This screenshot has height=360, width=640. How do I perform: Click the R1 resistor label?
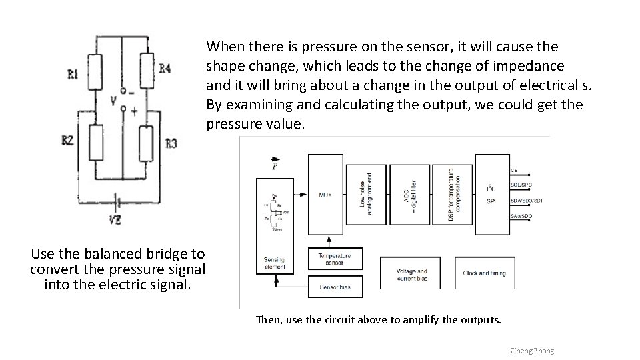point(72,75)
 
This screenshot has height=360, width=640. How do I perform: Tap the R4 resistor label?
point(165,68)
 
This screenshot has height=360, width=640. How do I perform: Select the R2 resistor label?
point(67,140)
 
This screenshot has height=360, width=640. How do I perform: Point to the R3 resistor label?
point(171,143)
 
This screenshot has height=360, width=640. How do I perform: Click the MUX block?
point(325,195)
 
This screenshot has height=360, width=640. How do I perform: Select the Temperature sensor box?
point(335,259)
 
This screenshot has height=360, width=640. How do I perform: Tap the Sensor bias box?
point(335,287)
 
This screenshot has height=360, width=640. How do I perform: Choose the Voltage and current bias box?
point(411,275)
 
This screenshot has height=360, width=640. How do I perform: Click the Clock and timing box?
point(485,273)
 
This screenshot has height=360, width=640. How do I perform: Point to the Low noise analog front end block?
point(366,194)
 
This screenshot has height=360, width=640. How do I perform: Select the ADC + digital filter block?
point(409,194)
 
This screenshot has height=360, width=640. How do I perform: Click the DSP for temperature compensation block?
point(453,194)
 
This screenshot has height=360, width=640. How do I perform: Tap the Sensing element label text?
point(274,263)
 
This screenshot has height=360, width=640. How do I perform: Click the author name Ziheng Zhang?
point(531,351)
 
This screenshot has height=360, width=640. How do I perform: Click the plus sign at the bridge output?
point(134,112)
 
